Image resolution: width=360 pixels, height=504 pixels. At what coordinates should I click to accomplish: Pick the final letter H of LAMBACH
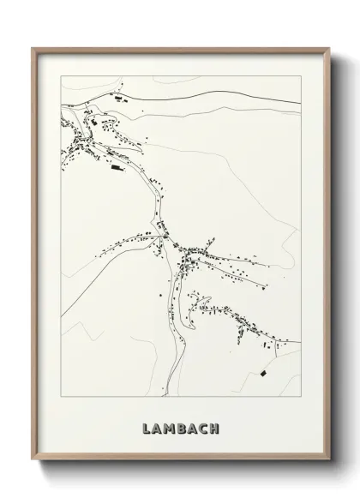215,427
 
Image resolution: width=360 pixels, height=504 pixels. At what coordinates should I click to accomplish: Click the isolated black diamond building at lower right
263,373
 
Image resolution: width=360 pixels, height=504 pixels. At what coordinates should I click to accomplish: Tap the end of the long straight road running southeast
267,284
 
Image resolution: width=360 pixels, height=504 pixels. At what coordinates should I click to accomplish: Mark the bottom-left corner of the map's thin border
60,398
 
